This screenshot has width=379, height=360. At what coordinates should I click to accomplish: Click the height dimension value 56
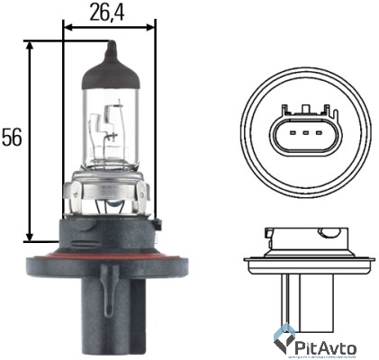point(12,138)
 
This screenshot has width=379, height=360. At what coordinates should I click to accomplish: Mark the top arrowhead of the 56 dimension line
point(32,44)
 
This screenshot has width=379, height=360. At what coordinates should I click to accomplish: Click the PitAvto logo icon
point(286,339)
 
